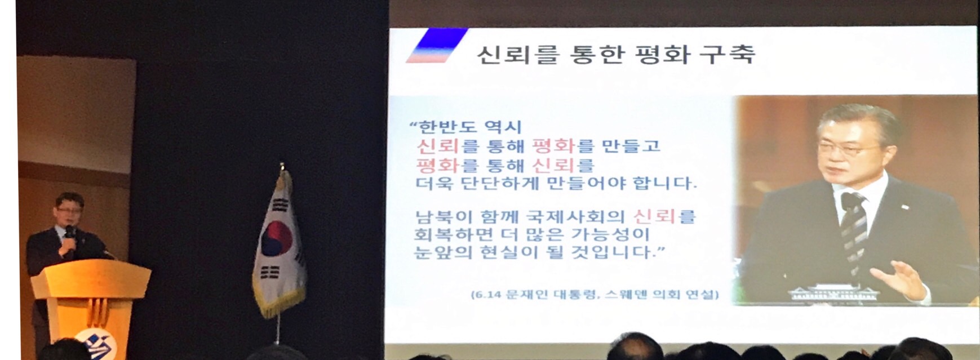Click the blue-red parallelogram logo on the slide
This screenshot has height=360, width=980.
pyautogui.click(x=436, y=45)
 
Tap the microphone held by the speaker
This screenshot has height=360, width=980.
pyautogui.click(x=69, y=233)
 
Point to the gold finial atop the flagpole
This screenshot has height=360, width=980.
pyautogui.click(x=282, y=167)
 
